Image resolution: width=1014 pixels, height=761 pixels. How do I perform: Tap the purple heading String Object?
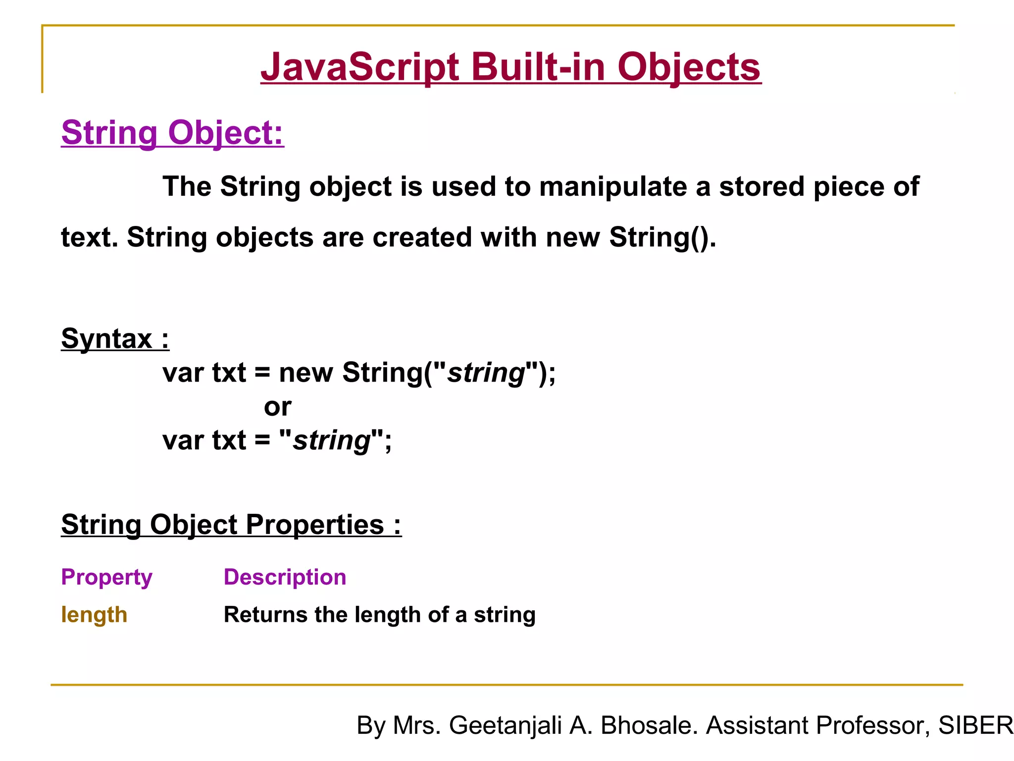click(172, 133)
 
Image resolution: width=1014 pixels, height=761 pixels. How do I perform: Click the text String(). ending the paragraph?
click(662, 237)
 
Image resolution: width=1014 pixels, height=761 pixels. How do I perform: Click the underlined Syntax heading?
click(115, 339)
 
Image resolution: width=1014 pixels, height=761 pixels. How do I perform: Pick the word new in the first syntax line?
click(305, 373)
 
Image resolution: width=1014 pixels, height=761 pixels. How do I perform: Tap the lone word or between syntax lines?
click(277, 407)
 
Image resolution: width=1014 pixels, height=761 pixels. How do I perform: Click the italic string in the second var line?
click(331, 440)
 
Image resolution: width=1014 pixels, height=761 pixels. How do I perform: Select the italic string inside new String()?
click(486, 373)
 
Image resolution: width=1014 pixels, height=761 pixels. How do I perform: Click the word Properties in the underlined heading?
click(315, 525)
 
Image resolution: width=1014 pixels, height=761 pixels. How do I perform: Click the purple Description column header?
click(285, 577)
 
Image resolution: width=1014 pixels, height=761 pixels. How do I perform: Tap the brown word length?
click(94, 615)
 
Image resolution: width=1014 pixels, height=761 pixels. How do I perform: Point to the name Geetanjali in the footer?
click(506, 726)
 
